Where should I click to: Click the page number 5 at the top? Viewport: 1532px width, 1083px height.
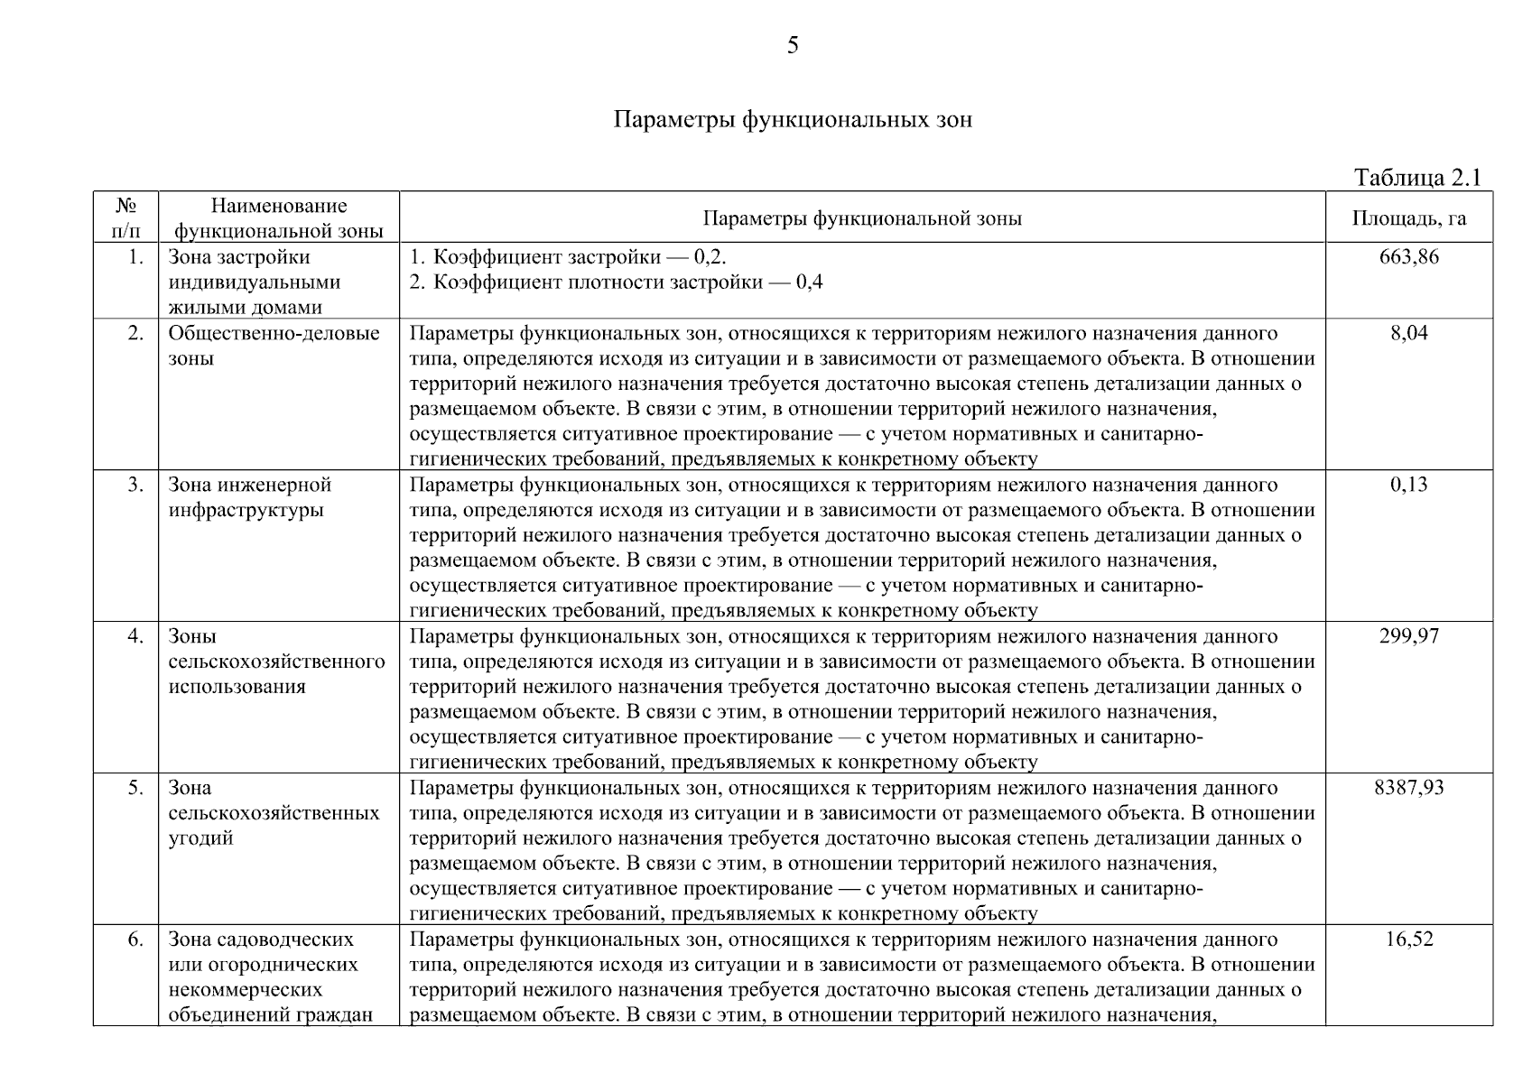pos(793,45)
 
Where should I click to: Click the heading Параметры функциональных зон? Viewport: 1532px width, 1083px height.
pos(793,120)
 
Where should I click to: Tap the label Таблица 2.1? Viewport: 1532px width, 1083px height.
pos(1417,178)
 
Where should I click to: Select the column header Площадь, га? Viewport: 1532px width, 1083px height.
pos(1408,218)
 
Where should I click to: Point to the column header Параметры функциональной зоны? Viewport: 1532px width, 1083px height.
pos(861,218)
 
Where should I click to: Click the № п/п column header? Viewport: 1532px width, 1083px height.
pos(126,218)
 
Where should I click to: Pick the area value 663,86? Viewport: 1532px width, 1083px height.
pos(1408,257)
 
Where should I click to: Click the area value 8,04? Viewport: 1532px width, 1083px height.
pos(1408,333)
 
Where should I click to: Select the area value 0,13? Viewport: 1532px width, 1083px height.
pos(1408,485)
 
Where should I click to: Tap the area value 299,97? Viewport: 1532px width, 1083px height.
pos(1408,636)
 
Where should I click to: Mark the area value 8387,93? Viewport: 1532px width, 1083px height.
pos(1408,788)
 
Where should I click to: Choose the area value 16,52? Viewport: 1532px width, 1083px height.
pos(1408,940)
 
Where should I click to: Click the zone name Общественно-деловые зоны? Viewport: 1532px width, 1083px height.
pos(274,346)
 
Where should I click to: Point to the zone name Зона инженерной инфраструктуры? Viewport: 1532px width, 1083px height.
pos(250,497)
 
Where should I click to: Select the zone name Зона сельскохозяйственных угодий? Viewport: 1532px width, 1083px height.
pos(274,812)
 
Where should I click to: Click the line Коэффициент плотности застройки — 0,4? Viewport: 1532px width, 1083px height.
pos(616,282)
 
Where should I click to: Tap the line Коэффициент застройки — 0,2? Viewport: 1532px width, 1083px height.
pos(568,257)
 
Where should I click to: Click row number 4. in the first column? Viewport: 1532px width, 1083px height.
pos(135,636)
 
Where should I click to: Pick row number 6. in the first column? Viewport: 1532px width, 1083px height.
pos(135,940)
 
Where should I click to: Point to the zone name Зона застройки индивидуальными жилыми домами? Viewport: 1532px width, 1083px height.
pos(254,282)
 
